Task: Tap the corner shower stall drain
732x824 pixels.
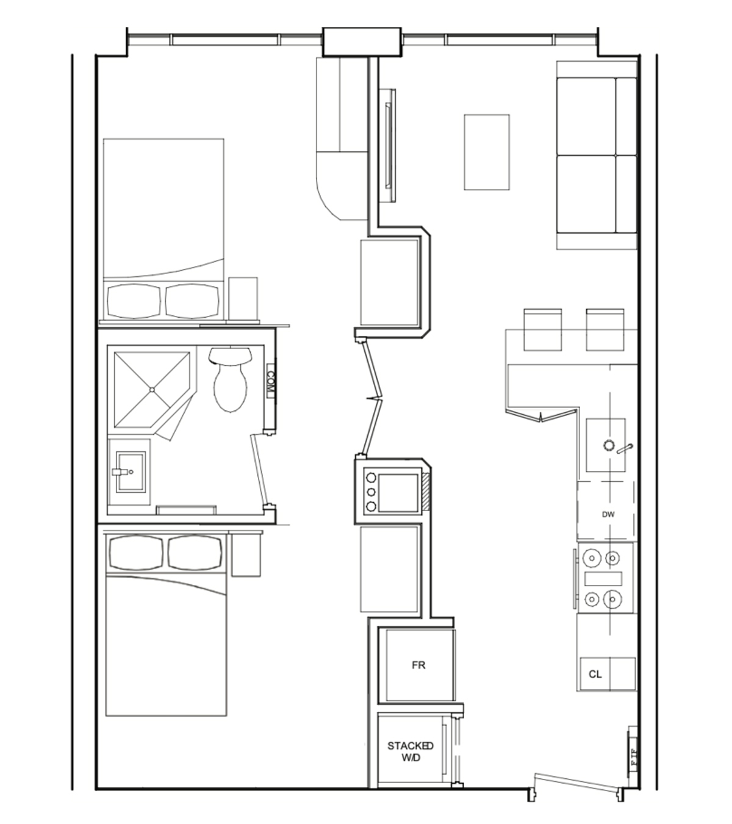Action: point(151,389)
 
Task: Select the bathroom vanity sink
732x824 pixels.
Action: point(128,471)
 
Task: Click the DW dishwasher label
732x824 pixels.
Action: point(608,514)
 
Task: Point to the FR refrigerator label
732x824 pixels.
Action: point(418,665)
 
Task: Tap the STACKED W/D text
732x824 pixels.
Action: point(411,751)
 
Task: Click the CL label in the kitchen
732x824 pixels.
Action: point(595,674)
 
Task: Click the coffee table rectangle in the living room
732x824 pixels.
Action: point(487,152)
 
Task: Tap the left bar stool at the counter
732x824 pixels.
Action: point(542,330)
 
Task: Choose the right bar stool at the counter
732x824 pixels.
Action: point(605,330)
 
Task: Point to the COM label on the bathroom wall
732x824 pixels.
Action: point(271,383)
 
